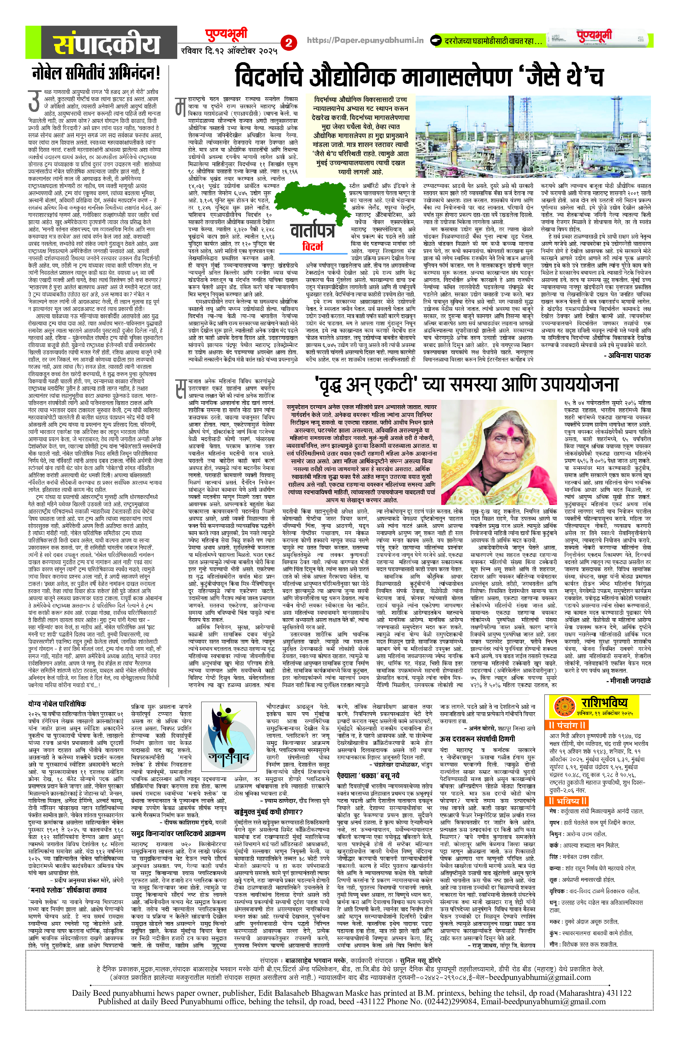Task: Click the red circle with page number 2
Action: pyautogui.click(x=288, y=42)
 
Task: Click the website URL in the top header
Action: pyautogui.click(x=365, y=40)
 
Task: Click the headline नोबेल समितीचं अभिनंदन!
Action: pyautogui.click(x=96, y=72)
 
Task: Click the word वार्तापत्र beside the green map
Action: pyautogui.click(x=312, y=231)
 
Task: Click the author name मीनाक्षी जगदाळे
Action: pyautogui.click(x=628, y=680)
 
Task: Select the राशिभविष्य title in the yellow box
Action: pyautogui.click(x=604, y=702)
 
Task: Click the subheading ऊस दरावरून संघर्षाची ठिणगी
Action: pyautogui.click(x=477, y=739)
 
